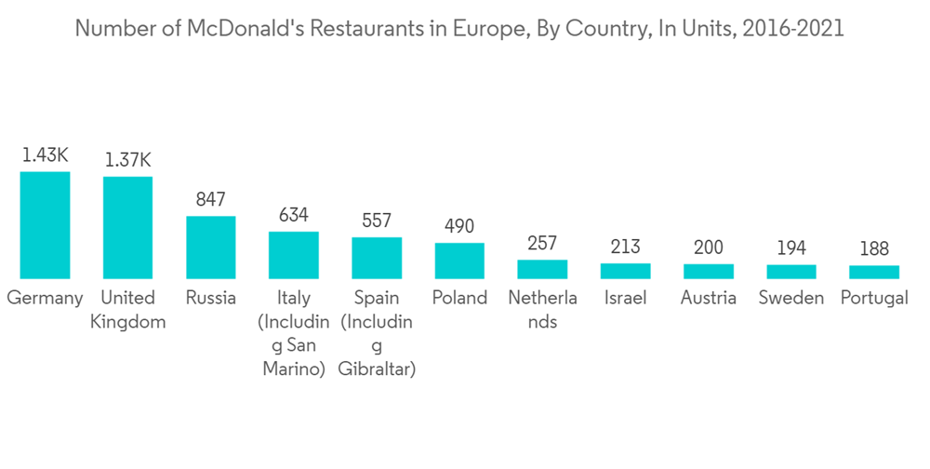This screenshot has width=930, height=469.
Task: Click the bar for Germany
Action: click(x=45, y=225)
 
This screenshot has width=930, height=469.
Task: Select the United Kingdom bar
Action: click(x=127, y=228)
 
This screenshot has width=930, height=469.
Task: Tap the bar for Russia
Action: click(x=210, y=248)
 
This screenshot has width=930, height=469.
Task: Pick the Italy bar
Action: click(x=293, y=255)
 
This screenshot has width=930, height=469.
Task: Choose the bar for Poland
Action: click(x=459, y=261)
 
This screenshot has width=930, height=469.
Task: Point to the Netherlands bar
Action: click(x=542, y=269)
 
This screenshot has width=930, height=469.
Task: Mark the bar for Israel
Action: click(x=625, y=271)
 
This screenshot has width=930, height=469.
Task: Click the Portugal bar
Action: click(x=874, y=272)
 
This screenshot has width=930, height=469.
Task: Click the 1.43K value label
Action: click(x=45, y=154)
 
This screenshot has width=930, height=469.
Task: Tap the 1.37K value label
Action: click(x=127, y=160)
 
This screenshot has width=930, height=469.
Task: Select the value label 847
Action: click(x=210, y=199)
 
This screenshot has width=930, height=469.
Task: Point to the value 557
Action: click(x=377, y=221)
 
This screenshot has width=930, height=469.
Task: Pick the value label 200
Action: click(x=709, y=248)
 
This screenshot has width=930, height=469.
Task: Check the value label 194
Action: click(x=791, y=248)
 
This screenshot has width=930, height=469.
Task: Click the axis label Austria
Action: click(x=709, y=299)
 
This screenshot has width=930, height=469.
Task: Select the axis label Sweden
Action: click(x=791, y=299)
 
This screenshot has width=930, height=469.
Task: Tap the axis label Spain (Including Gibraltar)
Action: click(x=377, y=334)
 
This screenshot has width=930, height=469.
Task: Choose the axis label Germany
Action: click(x=45, y=299)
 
